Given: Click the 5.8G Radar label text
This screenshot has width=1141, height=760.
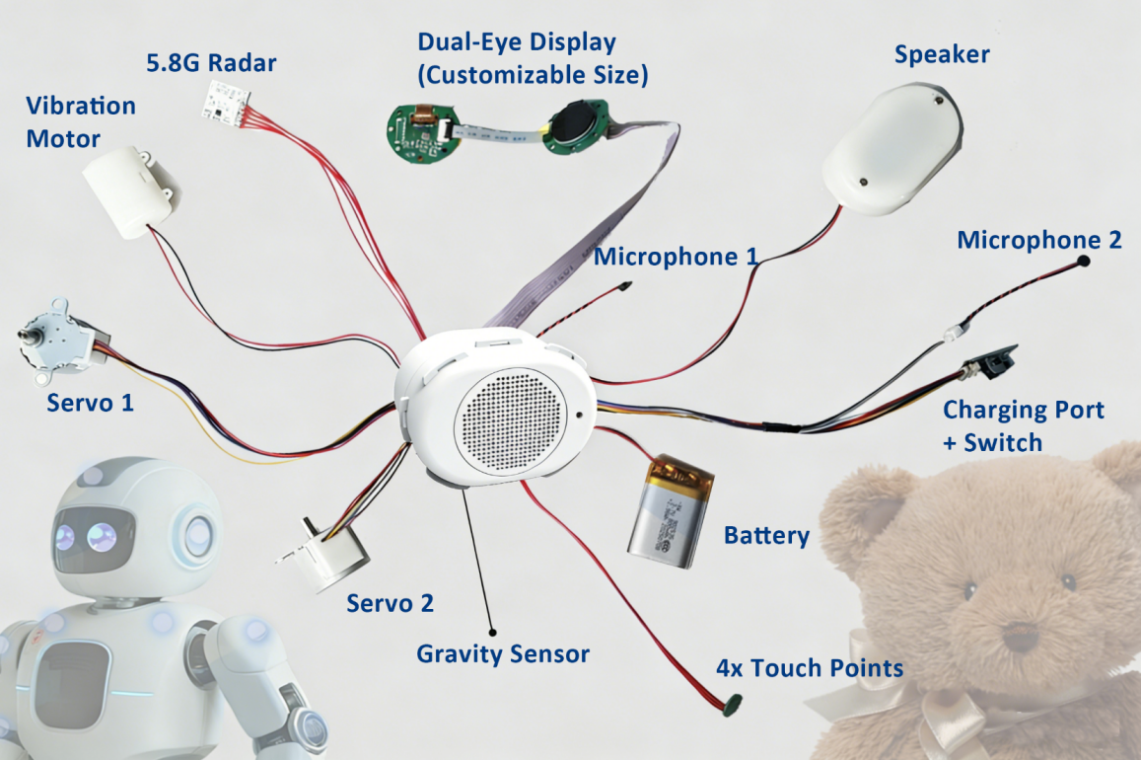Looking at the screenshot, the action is pos(211,63).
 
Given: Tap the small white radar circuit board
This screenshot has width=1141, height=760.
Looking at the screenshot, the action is pos(226,99).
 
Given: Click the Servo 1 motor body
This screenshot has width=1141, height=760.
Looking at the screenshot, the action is pos(62,340).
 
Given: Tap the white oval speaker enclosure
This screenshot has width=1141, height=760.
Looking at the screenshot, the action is pos(892,148).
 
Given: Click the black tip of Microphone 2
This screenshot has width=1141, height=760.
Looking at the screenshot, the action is pos(1084,260).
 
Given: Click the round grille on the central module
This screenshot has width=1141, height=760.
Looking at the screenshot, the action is pos(510,423).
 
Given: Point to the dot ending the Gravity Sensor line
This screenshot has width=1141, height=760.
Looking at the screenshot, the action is pos(493,632).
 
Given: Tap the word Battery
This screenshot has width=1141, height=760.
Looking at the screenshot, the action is pos(766,536).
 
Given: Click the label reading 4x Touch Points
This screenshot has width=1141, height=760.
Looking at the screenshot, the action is pos(810,668).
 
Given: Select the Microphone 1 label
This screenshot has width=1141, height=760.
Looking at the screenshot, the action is pos(676,257).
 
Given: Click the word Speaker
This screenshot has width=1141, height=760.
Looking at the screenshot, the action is pos(942,54).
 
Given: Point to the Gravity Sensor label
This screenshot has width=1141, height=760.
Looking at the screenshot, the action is pos(503,653).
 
